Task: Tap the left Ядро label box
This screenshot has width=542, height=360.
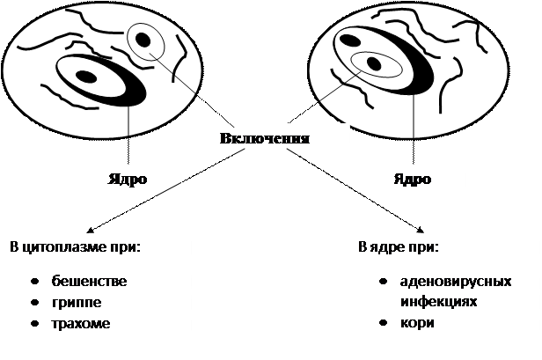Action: tap(128, 180)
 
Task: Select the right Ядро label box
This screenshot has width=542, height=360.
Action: tap(411, 180)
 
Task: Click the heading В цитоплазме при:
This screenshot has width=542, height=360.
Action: tap(75, 244)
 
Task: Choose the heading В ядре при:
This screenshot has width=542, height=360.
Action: tap(398, 244)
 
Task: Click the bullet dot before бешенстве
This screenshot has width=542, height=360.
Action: tap(33, 282)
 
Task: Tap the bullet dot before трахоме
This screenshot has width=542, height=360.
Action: tap(33, 324)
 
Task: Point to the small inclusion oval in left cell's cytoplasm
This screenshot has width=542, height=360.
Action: tap(143, 39)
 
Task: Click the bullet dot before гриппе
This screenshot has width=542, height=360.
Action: tap(33, 303)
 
